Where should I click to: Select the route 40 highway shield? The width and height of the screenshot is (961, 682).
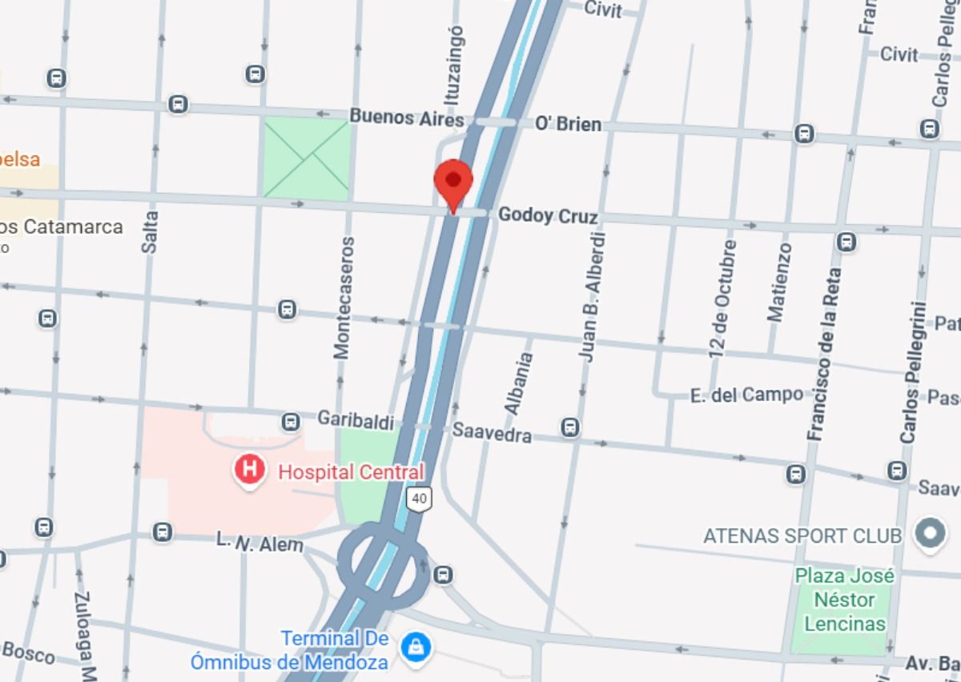click(419, 499)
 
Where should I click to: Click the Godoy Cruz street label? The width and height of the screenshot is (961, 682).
click(548, 216)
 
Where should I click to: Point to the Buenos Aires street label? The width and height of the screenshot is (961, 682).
click(406, 118)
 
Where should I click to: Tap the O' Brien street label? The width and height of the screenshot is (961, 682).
click(568, 124)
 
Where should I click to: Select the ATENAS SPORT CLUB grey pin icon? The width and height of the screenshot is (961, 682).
click(931, 534)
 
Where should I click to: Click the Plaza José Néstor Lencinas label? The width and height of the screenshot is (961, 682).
click(844, 600)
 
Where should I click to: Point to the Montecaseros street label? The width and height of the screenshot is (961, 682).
click(343, 297)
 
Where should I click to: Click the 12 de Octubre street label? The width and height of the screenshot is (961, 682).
click(722, 297)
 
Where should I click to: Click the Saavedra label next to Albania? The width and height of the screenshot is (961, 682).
click(492, 432)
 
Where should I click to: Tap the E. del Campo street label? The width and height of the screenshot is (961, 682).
click(746, 395)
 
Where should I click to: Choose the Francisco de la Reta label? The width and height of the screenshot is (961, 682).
click(826, 354)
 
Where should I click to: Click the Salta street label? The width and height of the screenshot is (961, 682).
click(151, 231)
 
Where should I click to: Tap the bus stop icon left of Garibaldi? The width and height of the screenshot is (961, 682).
click(291, 421)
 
